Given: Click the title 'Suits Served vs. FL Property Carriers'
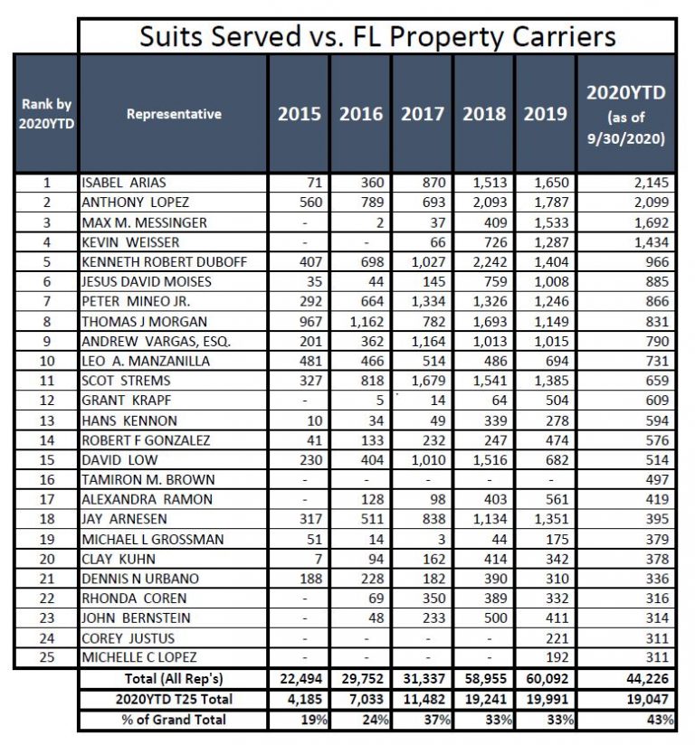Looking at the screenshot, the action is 377,36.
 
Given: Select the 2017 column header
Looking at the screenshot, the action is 423,114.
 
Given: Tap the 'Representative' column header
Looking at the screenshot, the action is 174,114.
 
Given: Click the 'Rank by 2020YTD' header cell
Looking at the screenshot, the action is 46,114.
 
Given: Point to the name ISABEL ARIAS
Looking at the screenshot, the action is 124,183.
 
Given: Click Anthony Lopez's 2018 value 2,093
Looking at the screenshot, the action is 490,203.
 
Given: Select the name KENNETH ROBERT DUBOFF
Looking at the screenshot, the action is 165,262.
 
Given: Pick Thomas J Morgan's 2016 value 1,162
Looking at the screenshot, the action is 367,322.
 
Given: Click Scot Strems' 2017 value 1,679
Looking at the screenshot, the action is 429,381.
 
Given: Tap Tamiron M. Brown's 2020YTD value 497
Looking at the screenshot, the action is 657,480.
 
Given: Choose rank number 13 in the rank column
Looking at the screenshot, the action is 47,421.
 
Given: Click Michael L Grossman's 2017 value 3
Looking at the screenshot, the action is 442,540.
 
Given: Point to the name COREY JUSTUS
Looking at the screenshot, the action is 128,638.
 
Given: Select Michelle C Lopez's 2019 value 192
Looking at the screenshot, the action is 557,657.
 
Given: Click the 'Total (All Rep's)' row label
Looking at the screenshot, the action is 174,678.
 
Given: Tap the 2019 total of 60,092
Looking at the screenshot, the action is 547,678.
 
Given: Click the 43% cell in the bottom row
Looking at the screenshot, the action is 661,720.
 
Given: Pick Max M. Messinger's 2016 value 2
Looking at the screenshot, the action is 379,222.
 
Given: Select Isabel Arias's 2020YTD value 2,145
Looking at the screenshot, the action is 652,183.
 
